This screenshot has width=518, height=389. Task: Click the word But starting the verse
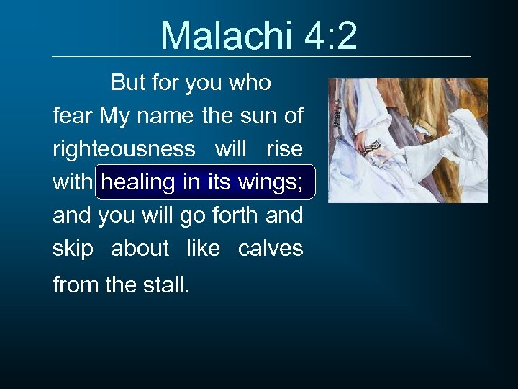[x=128, y=83]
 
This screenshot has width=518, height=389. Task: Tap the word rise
[x=284, y=148]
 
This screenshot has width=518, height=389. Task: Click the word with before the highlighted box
[x=73, y=182]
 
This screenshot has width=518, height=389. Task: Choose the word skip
[x=73, y=249]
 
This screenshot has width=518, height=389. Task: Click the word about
[x=140, y=249]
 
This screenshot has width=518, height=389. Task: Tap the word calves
[x=270, y=249]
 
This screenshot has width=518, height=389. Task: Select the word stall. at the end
[x=165, y=285]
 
